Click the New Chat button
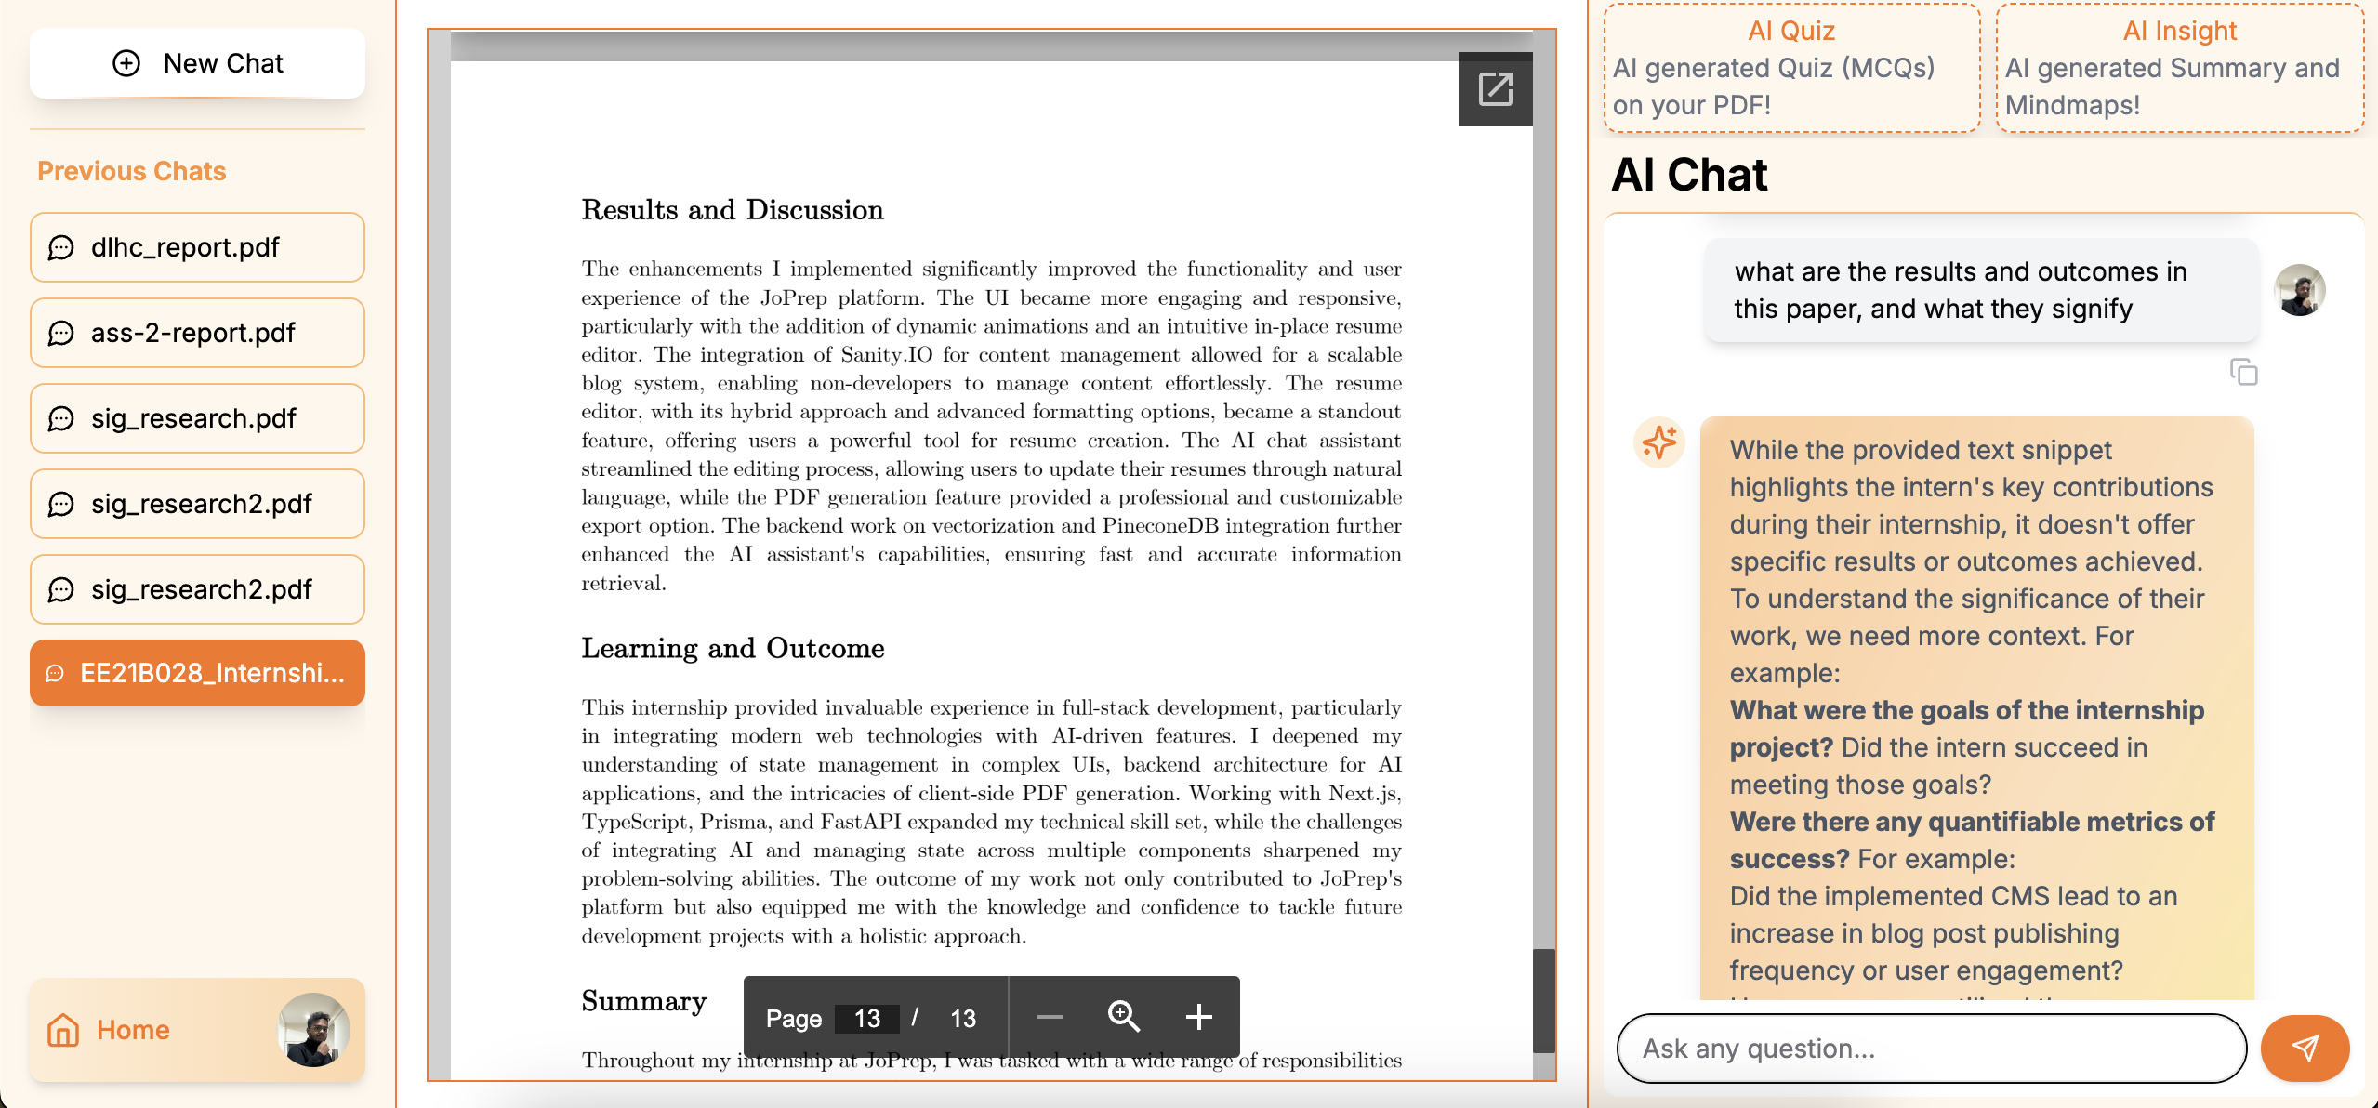pos(197,63)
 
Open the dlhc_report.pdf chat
pos(197,247)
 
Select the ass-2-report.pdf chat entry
pos(197,333)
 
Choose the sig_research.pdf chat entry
pos(197,418)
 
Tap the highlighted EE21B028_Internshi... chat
pos(197,673)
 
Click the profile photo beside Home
pos(313,1030)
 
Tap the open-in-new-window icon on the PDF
pos(1495,89)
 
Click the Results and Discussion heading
pos(733,210)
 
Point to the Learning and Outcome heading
pos(733,648)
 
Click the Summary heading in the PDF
pos(643,1001)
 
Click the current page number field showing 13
pos(866,1019)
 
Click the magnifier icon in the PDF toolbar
pos(1123,1017)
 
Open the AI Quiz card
pos(1791,68)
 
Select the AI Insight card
pos(2179,68)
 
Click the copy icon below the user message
pos(2243,372)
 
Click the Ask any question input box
pos(1932,1049)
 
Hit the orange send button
pos(2305,1049)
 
